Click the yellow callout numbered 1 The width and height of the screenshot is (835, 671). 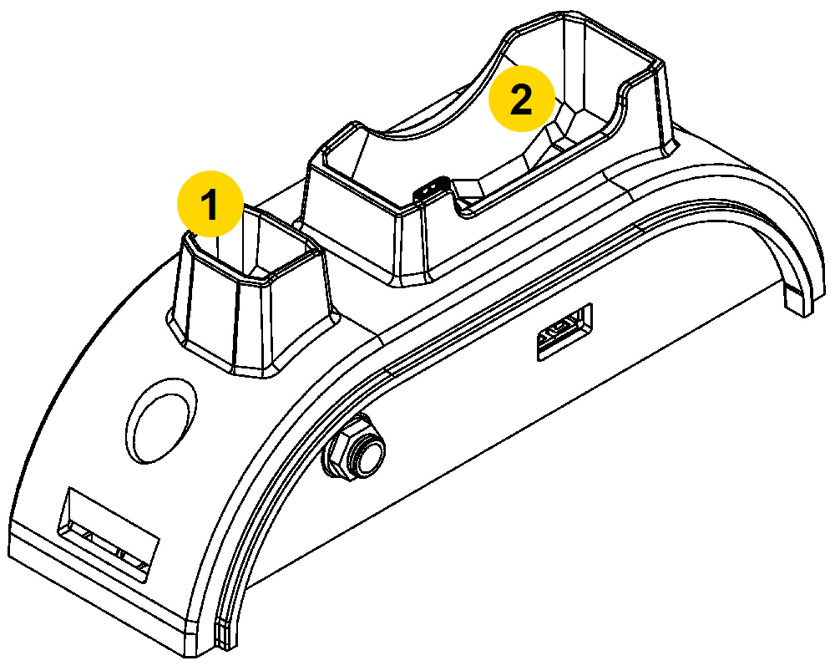[x=210, y=204]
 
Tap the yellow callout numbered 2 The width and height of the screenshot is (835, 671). [x=522, y=98]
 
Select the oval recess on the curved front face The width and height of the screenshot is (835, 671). [x=161, y=421]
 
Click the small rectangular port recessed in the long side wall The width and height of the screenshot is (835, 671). [x=564, y=332]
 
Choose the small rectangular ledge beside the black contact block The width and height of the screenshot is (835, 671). [x=468, y=188]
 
